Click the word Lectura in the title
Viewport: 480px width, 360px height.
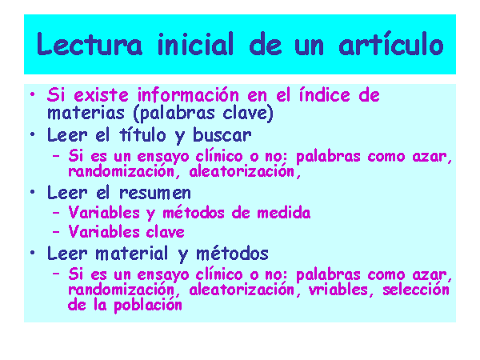[89, 44]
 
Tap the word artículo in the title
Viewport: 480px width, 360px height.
[391, 43]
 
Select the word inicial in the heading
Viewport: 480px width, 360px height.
[196, 44]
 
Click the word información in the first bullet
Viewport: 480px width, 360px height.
[188, 94]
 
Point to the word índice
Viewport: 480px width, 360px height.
[324, 94]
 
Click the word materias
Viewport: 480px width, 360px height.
[86, 113]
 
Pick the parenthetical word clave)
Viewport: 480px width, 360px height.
[248, 113]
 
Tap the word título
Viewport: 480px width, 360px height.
[142, 134]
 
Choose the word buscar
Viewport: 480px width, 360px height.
[222, 134]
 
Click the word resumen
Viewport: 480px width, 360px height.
[155, 193]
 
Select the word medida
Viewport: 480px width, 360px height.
[284, 213]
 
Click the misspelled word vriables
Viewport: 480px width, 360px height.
[338, 290]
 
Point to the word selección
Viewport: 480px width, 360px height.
[416, 290]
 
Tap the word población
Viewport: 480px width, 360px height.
[148, 306]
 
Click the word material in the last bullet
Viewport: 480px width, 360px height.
[132, 254]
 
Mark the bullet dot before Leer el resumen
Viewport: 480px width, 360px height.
[33, 192]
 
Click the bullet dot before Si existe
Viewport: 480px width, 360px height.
[33, 94]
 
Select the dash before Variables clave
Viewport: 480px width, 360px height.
[56, 232]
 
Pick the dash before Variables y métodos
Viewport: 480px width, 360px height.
[56, 213]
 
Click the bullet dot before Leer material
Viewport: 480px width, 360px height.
[33, 253]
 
